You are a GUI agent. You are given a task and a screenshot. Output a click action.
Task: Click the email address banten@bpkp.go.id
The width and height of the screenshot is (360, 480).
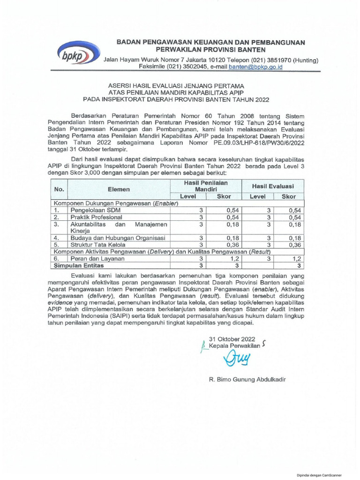pyautogui.click(x=255, y=67)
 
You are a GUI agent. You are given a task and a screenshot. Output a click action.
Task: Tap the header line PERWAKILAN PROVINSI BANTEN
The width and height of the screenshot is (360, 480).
pyautogui.click(x=210, y=50)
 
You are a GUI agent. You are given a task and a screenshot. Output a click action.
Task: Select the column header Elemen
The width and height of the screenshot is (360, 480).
pyautogui.click(x=119, y=189)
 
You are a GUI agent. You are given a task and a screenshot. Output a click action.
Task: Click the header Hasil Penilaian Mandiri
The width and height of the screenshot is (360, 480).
pyautogui.click(x=205, y=186)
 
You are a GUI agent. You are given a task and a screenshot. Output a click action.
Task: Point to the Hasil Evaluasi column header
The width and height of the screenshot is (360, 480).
pyautogui.click(x=273, y=186)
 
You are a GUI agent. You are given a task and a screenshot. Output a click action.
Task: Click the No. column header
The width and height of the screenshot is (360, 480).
pyautogui.click(x=59, y=189)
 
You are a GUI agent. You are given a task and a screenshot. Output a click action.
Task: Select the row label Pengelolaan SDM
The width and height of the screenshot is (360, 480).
pyautogui.click(x=96, y=210)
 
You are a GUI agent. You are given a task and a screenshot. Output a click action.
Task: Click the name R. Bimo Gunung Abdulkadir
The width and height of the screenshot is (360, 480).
pyautogui.click(x=247, y=380)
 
